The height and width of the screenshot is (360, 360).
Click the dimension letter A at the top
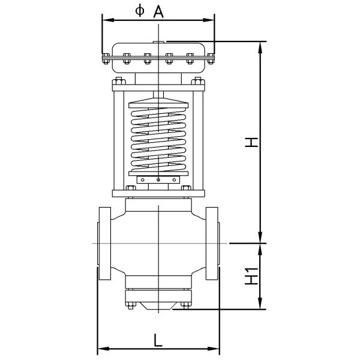coord(158,10)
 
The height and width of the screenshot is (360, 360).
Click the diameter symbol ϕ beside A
coord(140,10)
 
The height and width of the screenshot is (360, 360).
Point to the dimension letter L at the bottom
coord(157,340)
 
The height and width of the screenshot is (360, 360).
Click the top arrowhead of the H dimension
coord(260,45)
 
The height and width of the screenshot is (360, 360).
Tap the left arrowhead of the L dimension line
coord(101,348)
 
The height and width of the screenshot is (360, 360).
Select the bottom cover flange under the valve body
coord(158,296)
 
